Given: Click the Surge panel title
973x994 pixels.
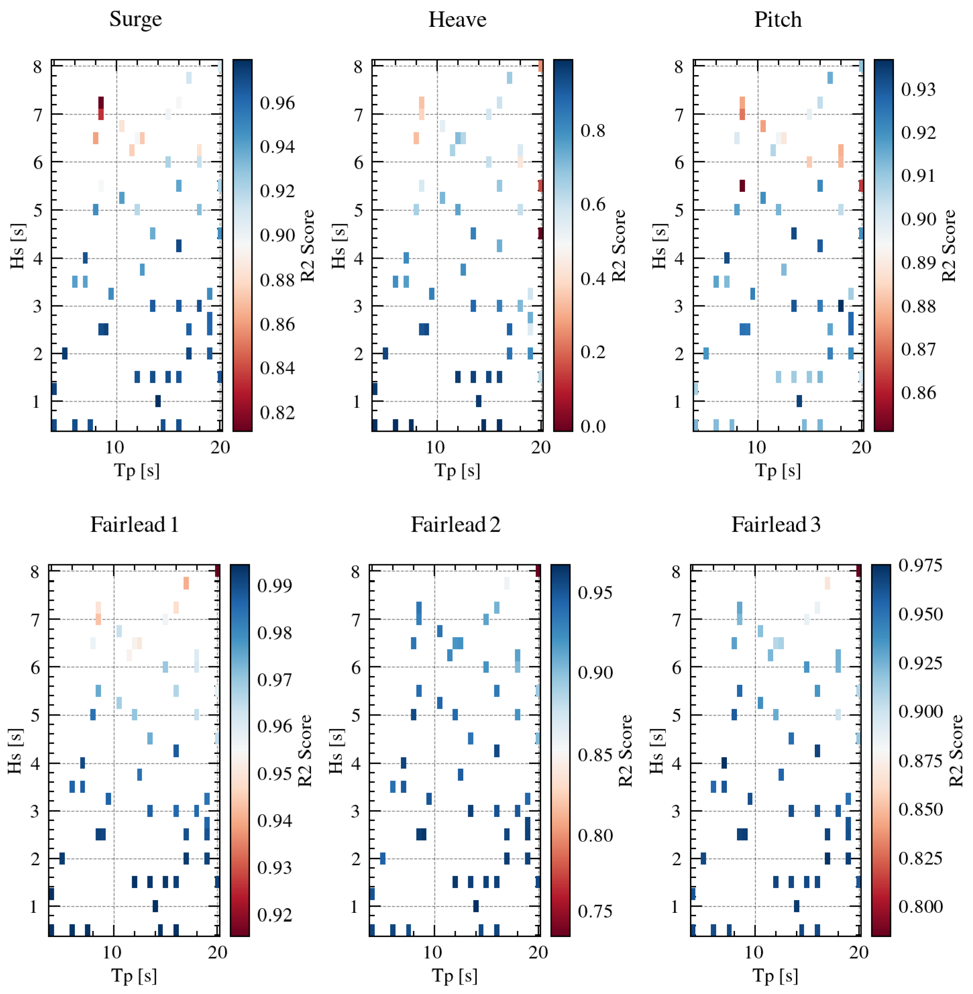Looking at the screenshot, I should point(135,19).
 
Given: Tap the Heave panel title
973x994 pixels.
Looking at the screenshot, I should point(457,19).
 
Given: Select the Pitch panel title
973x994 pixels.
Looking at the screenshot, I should point(778,19).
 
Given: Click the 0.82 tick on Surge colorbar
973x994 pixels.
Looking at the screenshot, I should point(277,412).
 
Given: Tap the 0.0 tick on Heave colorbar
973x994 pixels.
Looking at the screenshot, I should point(593,426).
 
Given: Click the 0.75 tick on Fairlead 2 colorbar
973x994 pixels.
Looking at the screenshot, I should point(595,911).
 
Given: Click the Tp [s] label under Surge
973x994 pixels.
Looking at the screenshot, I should point(136,470).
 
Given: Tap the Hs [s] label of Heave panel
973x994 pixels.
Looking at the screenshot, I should point(338,246).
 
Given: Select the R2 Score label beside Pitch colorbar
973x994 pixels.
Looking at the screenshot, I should point(949,246).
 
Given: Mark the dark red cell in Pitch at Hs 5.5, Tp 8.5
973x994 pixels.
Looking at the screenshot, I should point(742,185).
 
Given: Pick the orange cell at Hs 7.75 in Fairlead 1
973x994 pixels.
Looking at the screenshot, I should point(186,583).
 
